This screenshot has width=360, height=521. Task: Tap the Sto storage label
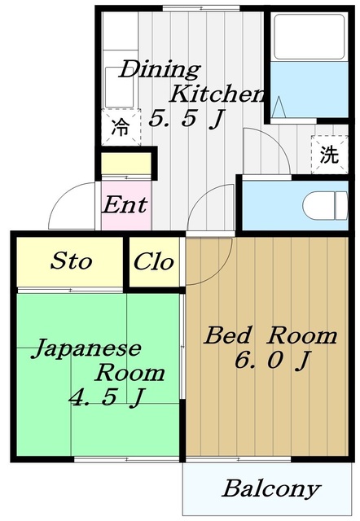click(x=72, y=262)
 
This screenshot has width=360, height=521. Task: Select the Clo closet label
click(x=154, y=262)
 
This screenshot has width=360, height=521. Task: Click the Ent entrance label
click(x=124, y=204)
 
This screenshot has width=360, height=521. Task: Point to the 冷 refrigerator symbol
click(x=120, y=127)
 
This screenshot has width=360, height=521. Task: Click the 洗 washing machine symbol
click(x=328, y=155)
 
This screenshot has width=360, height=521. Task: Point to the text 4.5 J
click(x=106, y=398)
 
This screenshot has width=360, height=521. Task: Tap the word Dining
click(x=160, y=69)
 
